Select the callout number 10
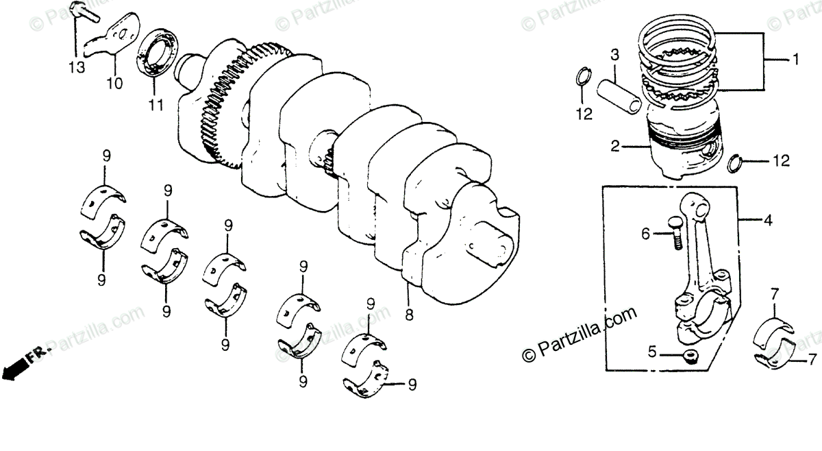click(x=114, y=84)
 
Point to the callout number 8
click(x=409, y=315)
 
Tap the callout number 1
click(x=796, y=60)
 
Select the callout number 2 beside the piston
click(x=615, y=145)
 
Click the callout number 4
click(x=769, y=220)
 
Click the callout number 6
click(x=645, y=234)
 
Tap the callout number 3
click(x=614, y=54)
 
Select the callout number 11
click(x=155, y=106)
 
